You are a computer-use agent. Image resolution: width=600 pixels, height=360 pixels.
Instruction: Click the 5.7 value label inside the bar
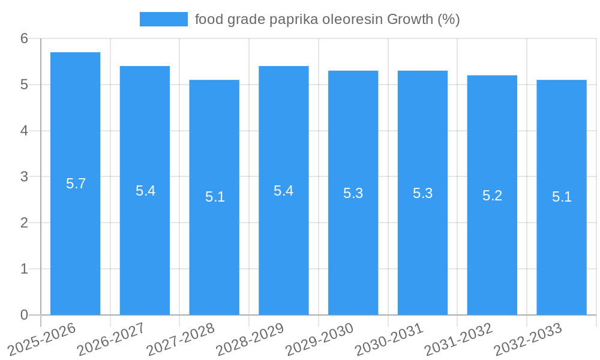click(x=76, y=184)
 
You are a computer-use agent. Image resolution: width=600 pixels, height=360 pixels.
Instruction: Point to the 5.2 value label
click(x=492, y=196)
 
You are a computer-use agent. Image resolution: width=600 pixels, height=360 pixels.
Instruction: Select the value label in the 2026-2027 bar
click(x=145, y=191)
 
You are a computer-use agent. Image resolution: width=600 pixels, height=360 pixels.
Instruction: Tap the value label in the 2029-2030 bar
click(x=353, y=193)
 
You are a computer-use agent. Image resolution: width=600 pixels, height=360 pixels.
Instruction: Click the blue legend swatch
click(x=163, y=19)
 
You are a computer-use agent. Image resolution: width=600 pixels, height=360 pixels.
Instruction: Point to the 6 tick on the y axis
click(x=24, y=38)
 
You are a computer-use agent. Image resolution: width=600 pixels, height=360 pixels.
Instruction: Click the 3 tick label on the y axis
click(x=24, y=177)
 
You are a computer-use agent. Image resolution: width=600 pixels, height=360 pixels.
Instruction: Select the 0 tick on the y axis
click(x=24, y=315)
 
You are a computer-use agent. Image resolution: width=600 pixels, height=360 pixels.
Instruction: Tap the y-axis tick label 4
click(x=24, y=131)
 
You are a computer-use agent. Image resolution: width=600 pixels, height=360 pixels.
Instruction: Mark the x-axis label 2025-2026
click(x=43, y=339)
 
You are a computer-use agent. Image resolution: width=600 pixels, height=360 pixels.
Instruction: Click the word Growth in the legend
click(x=409, y=19)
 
